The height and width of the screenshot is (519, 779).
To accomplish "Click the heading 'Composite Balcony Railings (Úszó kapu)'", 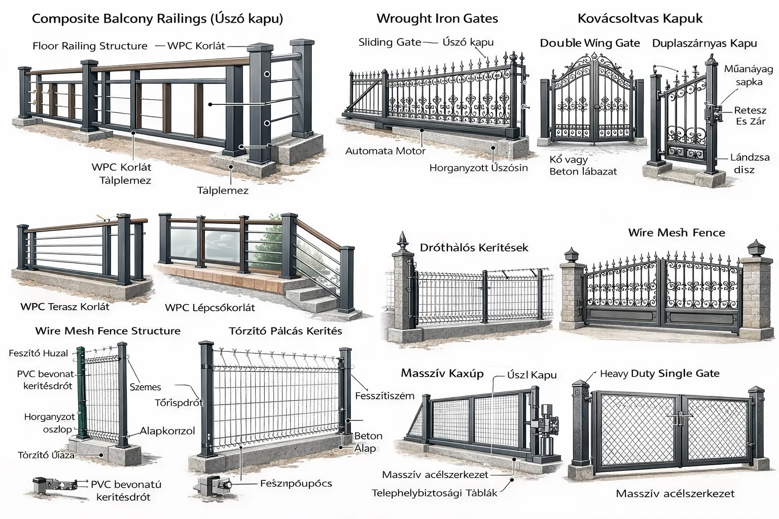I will (157, 19).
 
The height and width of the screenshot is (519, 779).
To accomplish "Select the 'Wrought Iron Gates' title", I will (437, 19).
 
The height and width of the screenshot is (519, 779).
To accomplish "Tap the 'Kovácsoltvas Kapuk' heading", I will (640, 19).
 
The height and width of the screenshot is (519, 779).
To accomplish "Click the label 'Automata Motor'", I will (385, 151).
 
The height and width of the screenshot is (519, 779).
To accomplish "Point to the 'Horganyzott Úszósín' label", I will (478, 168).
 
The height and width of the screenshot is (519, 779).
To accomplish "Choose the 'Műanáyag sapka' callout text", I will (748, 75).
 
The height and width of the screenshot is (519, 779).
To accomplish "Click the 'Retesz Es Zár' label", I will (751, 116).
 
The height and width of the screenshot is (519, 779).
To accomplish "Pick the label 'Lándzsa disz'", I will (749, 163).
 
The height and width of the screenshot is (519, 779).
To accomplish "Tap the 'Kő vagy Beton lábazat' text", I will (583, 166).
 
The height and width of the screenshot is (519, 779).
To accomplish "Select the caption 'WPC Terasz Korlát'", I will (65, 307).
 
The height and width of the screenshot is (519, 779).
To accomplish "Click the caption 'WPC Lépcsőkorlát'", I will (210, 308).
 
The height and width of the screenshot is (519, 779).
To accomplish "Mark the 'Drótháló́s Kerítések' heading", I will (474, 248).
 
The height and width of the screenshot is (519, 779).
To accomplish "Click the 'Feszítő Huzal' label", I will (38, 353).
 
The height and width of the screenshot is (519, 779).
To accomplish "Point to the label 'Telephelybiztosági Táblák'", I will (434, 493).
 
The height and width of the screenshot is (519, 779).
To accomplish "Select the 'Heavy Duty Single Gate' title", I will (659, 374).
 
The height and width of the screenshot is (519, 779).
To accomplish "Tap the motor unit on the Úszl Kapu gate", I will (547, 426).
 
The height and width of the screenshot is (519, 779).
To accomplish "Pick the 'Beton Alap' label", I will (367, 442).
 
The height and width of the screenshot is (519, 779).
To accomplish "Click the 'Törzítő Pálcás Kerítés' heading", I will (286, 331).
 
